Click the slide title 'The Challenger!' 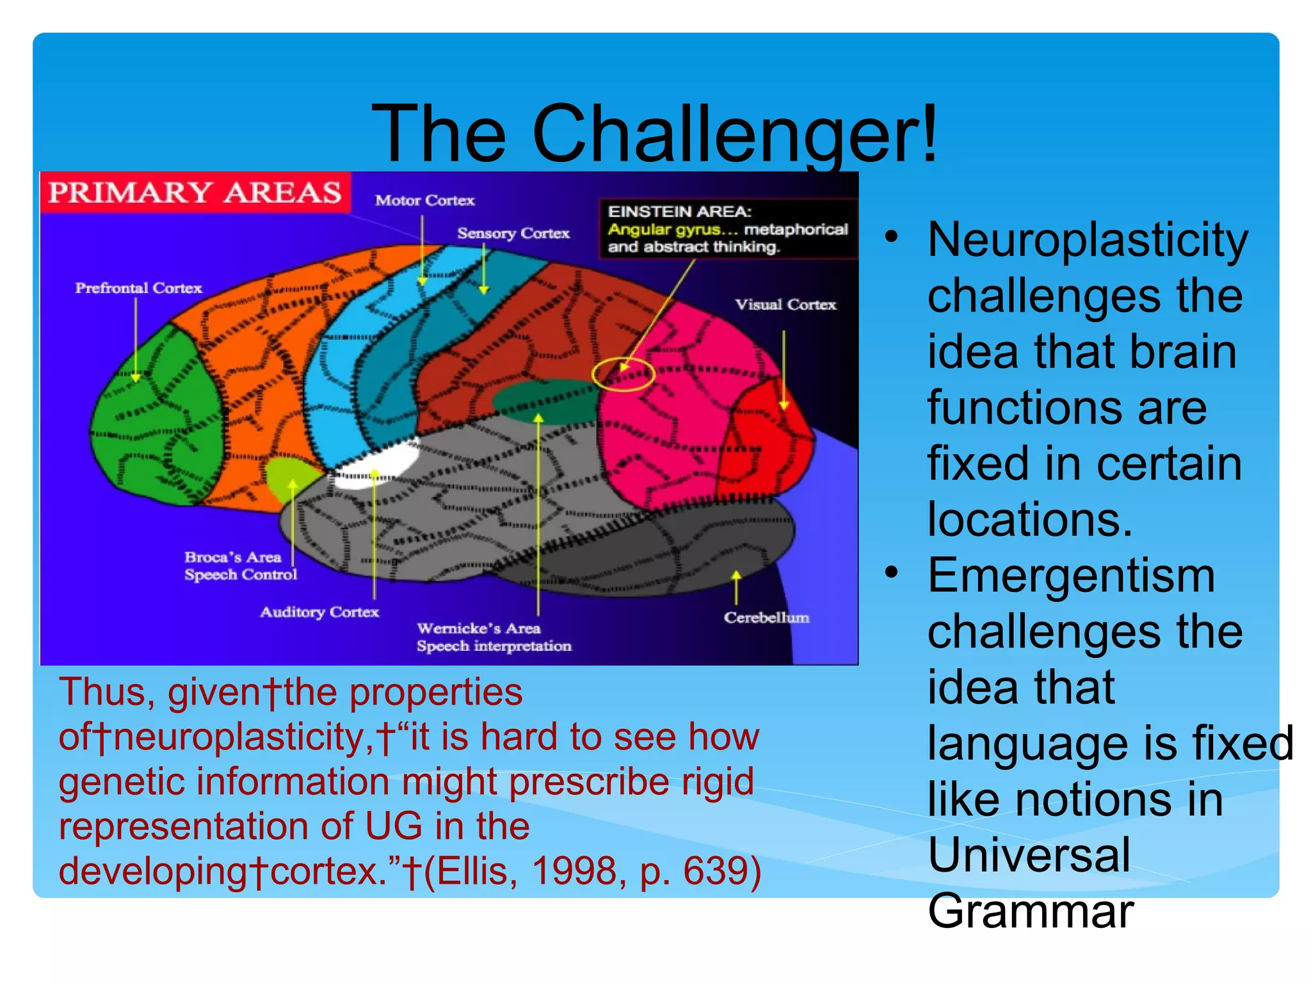pos(654,134)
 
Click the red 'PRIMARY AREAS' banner pos(195,192)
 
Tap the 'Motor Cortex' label pos(425,200)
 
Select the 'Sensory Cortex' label pos(513,234)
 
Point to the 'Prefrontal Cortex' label pos(138,288)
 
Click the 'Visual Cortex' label pos(785,305)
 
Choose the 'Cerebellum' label pos(766,618)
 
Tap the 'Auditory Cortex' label pos(319,612)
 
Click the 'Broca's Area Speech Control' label pos(241,566)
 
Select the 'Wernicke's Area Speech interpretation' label pos(494,637)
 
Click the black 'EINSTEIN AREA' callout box pos(727,229)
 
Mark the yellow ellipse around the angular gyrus pos(622,374)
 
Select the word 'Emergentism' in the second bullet pos(1071,576)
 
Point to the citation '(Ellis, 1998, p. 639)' pos(593,871)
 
